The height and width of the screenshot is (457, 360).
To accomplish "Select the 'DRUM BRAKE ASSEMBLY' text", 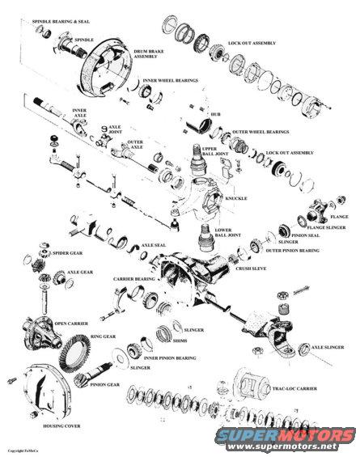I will [x=150, y=54].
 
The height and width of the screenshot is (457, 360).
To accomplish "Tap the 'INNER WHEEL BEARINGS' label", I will [x=170, y=81].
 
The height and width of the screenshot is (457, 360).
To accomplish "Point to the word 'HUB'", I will [x=215, y=115].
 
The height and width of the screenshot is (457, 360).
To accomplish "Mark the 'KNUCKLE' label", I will [x=236, y=197].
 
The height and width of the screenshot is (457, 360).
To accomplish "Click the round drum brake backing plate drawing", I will [x=103, y=62].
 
